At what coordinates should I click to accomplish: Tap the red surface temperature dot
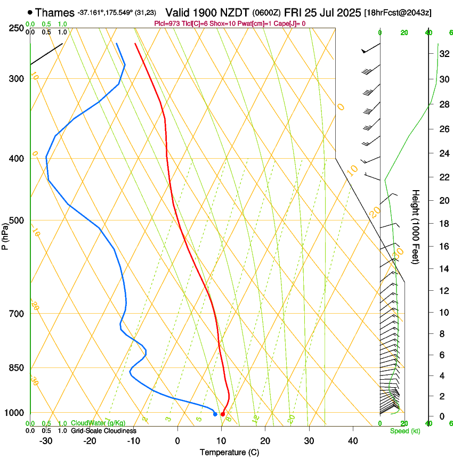coord(222,414)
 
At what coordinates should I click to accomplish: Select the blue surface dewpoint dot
coord(215,414)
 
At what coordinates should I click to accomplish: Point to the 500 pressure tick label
coord(17,220)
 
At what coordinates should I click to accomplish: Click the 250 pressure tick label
coord(17,28)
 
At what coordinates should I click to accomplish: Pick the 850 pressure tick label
coord(17,368)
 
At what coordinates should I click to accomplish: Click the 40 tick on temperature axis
coord(353,441)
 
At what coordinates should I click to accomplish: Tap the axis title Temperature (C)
coord(229,452)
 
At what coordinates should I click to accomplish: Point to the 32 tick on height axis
coord(443,54)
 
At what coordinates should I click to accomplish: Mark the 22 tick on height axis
coord(443,177)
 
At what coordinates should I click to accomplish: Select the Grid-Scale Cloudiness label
coord(103,430)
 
